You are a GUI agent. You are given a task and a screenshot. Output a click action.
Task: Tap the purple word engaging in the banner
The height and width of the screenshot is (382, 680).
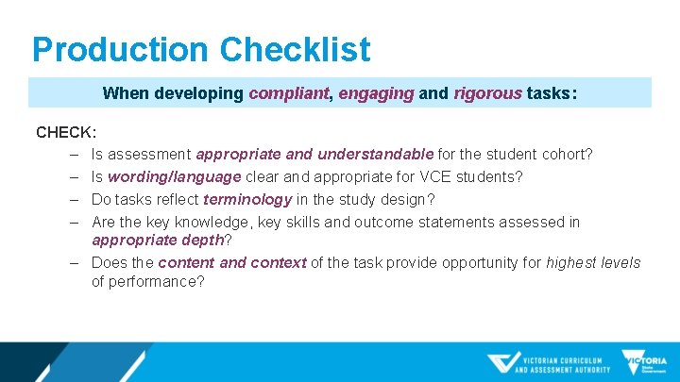click(375, 93)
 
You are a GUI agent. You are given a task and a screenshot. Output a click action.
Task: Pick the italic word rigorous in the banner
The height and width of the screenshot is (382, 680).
click(487, 93)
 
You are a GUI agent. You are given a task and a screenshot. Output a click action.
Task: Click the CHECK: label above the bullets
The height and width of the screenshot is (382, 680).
click(66, 132)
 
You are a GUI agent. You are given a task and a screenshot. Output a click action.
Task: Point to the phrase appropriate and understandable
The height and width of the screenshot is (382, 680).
click(314, 154)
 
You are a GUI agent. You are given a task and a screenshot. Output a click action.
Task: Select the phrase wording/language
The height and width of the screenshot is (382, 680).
click(175, 176)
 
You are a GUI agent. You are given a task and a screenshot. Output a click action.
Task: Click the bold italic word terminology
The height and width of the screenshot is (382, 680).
click(247, 199)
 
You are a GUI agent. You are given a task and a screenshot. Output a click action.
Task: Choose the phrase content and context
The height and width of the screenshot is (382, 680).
click(232, 263)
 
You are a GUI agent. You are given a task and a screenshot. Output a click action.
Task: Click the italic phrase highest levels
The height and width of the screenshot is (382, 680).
click(593, 263)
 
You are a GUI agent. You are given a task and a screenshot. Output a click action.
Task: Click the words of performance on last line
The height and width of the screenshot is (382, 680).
click(147, 281)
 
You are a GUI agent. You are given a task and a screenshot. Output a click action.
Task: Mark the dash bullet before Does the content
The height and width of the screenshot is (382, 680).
click(73, 263)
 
